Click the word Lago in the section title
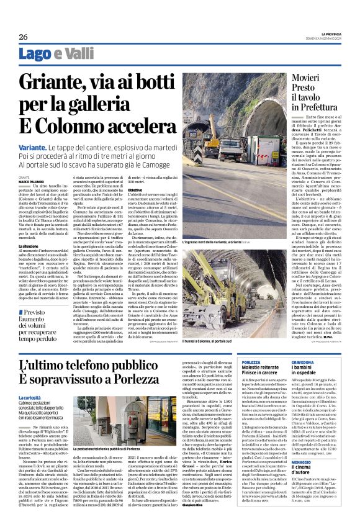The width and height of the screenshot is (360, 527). tap(37, 54)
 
